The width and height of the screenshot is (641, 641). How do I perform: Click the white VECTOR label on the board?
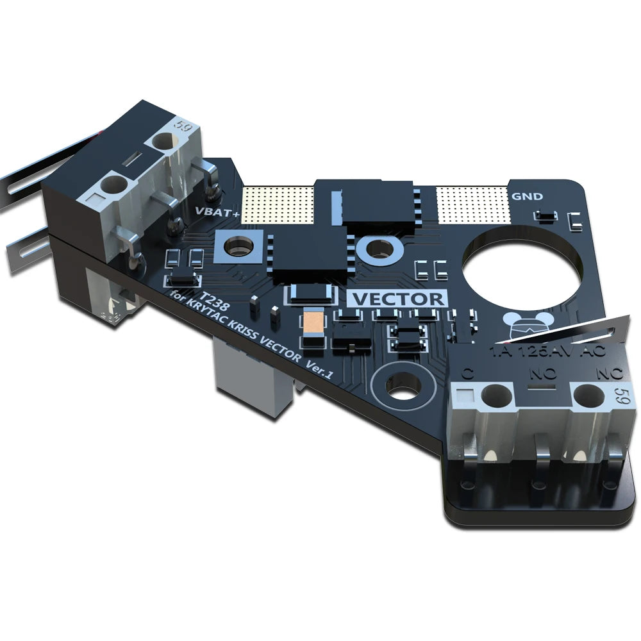coord(398,299)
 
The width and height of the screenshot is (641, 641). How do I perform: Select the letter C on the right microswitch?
coord(468,370)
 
